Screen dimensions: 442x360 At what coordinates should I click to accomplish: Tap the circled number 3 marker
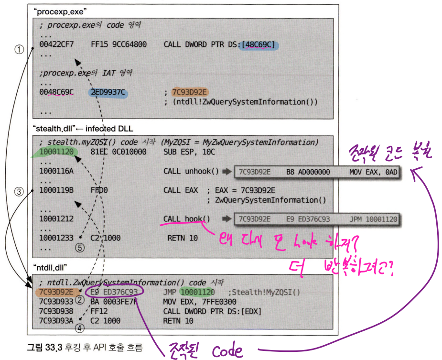pos(20,192)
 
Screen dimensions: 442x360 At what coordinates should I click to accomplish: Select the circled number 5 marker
pos(80,248)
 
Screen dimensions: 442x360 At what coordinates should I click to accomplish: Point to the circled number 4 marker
pos(80,328)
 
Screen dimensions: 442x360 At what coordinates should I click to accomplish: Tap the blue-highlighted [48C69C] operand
pos(259,45)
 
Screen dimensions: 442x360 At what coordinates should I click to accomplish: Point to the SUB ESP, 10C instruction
pos(189,152)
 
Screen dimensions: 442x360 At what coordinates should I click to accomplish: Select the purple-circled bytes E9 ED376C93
pos(114,292)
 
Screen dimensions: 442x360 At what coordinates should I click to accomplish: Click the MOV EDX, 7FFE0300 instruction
pos(199,302)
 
